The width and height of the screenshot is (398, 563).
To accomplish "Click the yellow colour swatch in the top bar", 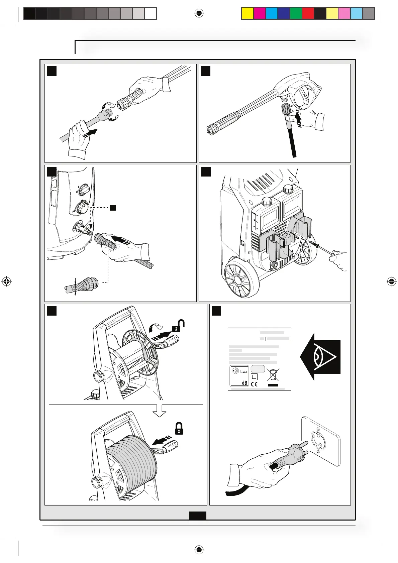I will coord(247,13).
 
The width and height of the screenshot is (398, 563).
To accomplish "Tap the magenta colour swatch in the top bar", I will coord(259,13).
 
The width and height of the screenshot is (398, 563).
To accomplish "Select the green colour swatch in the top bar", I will coord(296,13).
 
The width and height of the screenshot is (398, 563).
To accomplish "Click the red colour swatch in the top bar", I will coord(308,13).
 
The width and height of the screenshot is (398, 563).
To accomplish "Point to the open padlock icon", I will coord(178,326).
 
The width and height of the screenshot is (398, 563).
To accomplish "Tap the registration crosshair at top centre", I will coord(199,13).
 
